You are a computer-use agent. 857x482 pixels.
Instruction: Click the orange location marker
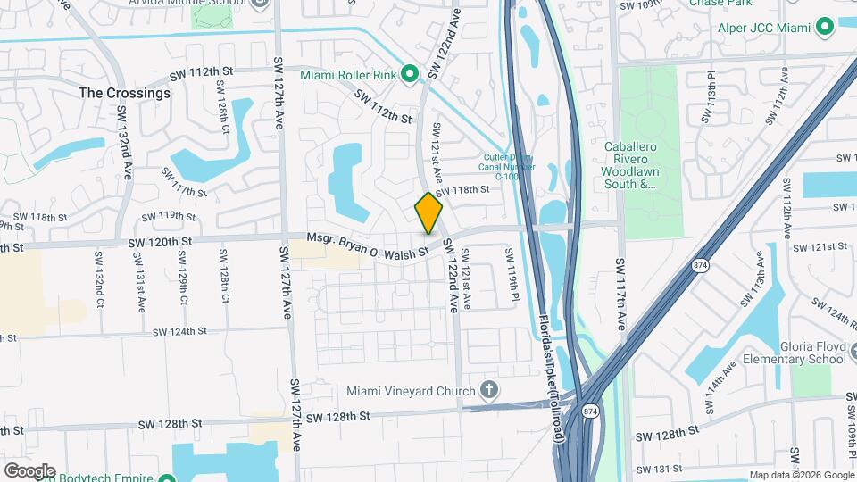pos(428,213)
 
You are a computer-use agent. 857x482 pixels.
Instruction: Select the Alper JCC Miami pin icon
pos(824,28)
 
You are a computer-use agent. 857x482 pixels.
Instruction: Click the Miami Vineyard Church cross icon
pos(488,390)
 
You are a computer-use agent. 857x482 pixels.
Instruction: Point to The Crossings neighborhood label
pos(124,93)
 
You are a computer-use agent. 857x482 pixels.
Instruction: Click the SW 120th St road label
pos(160,242)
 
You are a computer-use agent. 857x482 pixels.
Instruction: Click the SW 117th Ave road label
pos(620,294)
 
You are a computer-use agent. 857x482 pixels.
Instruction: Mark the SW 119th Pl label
pos(512,273)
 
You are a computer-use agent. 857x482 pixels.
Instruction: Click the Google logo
pos(29,470)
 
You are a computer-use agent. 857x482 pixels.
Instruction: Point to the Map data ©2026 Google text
pos(800,475)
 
